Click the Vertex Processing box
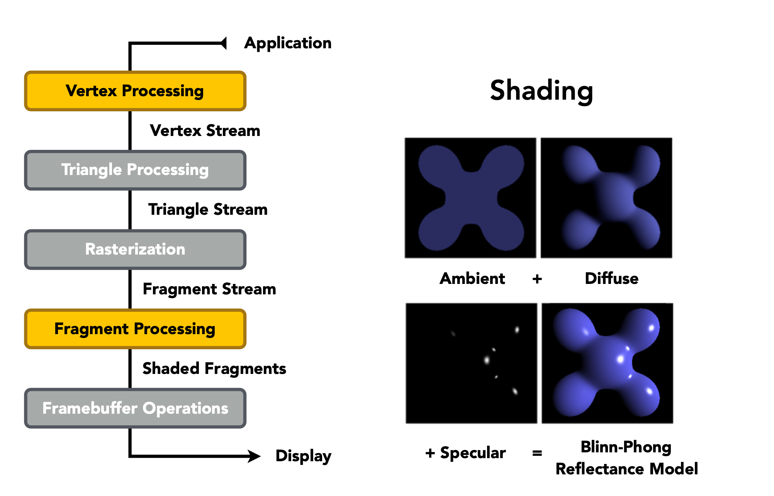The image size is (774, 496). click(135, 91)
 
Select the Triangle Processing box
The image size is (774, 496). click(135, 170)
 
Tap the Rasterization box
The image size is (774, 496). click(135, 250)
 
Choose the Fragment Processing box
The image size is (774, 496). click(135, 329)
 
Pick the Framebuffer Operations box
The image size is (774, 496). click(135, 408)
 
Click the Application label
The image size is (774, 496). click(288, 43)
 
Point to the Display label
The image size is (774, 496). click(303, 456)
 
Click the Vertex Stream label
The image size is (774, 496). click(205, 131)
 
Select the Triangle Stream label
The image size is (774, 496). click(208, 209)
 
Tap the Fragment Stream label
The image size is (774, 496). click(209, 289)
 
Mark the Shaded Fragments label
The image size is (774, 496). click(214, 369)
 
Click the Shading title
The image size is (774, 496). click(541, 91)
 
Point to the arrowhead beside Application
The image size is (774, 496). click(223, 43)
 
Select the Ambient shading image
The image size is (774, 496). click(470, 198)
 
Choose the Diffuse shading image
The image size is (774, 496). click(606, 198)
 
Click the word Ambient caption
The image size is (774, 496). click(472, 279)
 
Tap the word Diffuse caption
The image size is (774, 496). click(611, 279)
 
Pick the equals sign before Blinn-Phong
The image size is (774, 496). click(537, 453)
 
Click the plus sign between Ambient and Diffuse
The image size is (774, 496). click(537, 279)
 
